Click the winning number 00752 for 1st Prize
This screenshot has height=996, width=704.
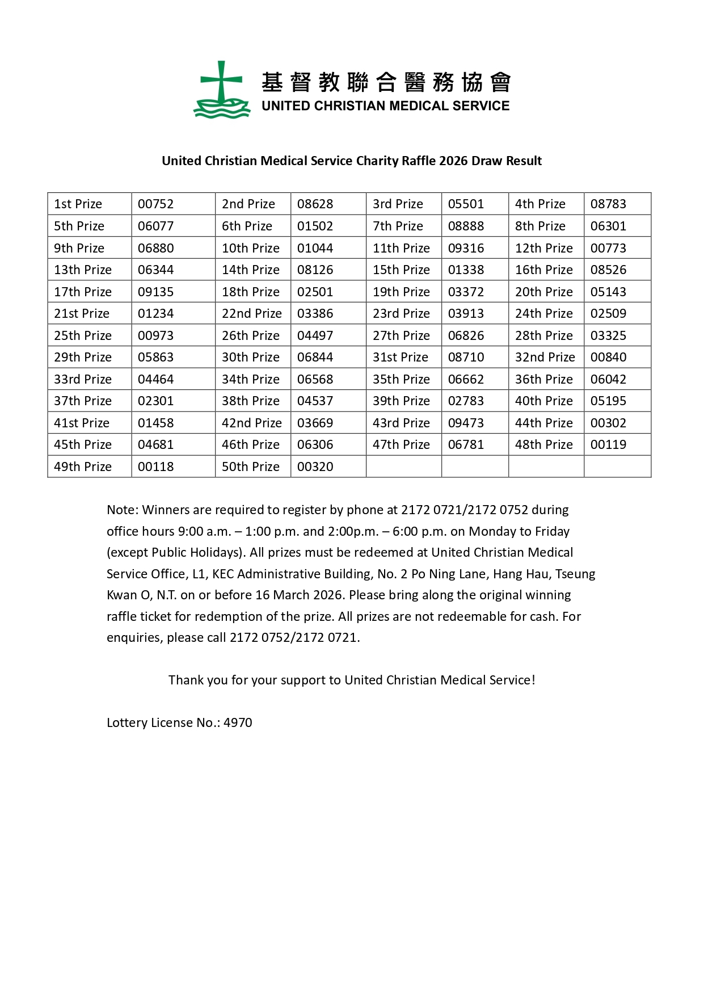click(x=155, y=204)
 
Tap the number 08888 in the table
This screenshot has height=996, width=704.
click(x=466, y=226)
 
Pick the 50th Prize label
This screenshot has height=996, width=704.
click(x=250, y=467)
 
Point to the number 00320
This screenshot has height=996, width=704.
click(x=315, y=467)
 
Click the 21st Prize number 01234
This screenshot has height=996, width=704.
click(x=155, y=314)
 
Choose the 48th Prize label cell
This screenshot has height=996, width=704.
click(x=543, y=445)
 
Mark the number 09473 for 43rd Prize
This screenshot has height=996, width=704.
click(x=466, y=423)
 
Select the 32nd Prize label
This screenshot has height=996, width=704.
click(x=545, y=358)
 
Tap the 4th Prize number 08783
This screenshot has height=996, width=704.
click(x=608, y=204)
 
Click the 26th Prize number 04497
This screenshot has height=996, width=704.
click(x=315, y=336)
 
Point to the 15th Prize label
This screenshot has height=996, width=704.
click(x=401, y=270)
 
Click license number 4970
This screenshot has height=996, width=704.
click(x=238, y=723)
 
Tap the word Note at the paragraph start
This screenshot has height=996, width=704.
click(x=121, y=510)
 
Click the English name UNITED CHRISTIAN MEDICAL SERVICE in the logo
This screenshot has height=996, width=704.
click(x=385, y=106)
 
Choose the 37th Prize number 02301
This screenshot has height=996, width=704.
click(x=155, y=401)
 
